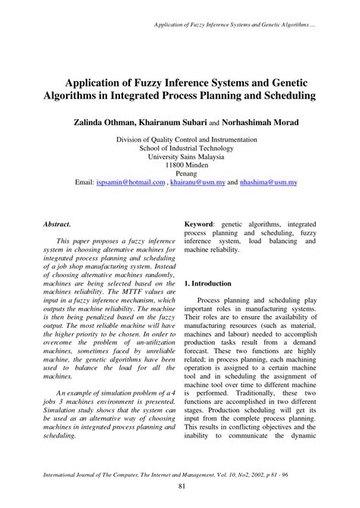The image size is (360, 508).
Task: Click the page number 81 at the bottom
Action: coord(180,487)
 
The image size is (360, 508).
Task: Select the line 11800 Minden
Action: coord(180,166)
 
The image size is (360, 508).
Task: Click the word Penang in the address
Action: coord(180,175)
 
